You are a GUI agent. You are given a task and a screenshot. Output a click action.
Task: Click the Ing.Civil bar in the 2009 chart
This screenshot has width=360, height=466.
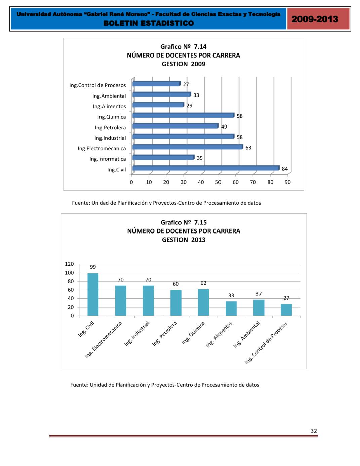point(206,168)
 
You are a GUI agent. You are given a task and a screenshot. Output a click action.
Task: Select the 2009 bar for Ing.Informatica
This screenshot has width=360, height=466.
point(163,157)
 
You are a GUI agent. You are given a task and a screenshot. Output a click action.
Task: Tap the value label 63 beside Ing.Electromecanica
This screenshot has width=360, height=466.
point(248,148)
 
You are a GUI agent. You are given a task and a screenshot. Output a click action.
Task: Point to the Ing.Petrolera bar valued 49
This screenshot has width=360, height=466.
point(175,126)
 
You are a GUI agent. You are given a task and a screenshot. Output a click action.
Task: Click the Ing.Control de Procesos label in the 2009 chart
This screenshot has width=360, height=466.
point(97,85)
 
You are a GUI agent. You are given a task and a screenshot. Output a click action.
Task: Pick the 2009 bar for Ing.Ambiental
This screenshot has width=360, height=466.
point(161,95)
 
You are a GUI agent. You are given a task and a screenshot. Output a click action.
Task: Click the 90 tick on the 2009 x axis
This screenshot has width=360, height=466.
point(288,182)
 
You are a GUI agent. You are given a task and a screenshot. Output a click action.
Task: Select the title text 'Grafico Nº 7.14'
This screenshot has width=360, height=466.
point(183,47)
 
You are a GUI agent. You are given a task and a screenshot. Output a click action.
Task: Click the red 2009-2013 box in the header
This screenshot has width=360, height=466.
point(315,19)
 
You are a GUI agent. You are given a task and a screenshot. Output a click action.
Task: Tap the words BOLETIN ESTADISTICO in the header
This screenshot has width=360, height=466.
point(149,23)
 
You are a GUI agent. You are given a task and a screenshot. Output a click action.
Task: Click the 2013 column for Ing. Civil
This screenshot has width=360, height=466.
point(93,294)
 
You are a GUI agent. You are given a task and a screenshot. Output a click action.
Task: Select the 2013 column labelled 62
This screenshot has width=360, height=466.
point(203,302)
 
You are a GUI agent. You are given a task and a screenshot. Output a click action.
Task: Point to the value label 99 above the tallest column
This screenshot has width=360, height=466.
point(93,267)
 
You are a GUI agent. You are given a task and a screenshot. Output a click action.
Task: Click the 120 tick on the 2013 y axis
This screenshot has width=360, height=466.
point(69,264)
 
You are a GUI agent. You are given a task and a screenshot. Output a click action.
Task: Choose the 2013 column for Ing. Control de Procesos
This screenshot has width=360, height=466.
point(286,310)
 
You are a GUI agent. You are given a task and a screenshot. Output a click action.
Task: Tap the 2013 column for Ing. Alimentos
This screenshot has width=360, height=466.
point(231,308)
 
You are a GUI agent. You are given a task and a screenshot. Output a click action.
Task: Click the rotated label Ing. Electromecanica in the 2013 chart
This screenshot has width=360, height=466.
point(103,339)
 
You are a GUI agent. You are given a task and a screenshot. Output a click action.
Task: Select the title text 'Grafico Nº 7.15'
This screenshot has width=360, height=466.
point(184,222)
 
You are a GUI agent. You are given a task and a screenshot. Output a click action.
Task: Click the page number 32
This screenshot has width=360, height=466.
point(314,431)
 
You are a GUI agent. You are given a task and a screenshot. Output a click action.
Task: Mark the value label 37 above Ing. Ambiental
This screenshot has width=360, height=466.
point(258,294)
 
